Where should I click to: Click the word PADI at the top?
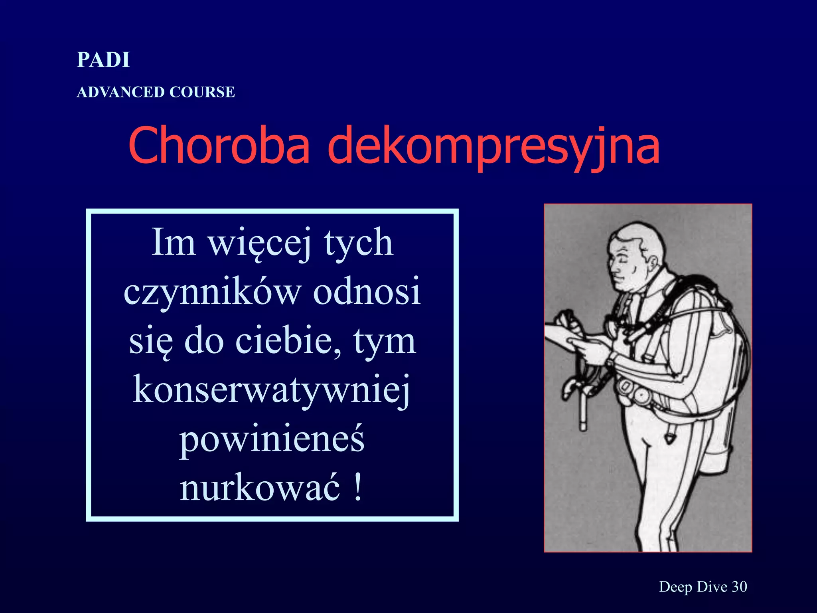(x=103, y=60)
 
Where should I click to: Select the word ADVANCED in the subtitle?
(x=120, y=92)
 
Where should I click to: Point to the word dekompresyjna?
(x=493, y=146)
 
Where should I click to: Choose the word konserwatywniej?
(x=271, y=390)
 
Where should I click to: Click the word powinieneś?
(x=272, y=439)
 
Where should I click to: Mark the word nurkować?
(x=260, y=488)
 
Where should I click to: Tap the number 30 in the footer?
(x=739, y=586)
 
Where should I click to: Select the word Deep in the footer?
(x=675, y=587)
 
